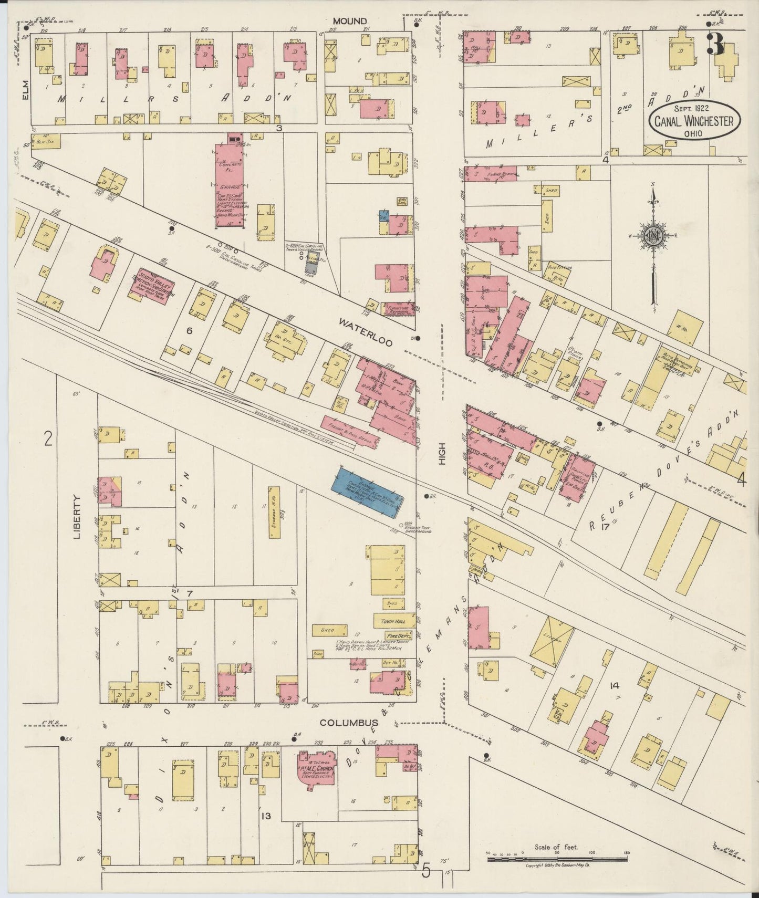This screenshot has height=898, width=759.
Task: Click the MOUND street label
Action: [x=349, y=21]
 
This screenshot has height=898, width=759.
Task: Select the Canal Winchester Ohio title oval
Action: [x=693, y=122]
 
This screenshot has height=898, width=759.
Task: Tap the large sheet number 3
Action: [x=715, y=43]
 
